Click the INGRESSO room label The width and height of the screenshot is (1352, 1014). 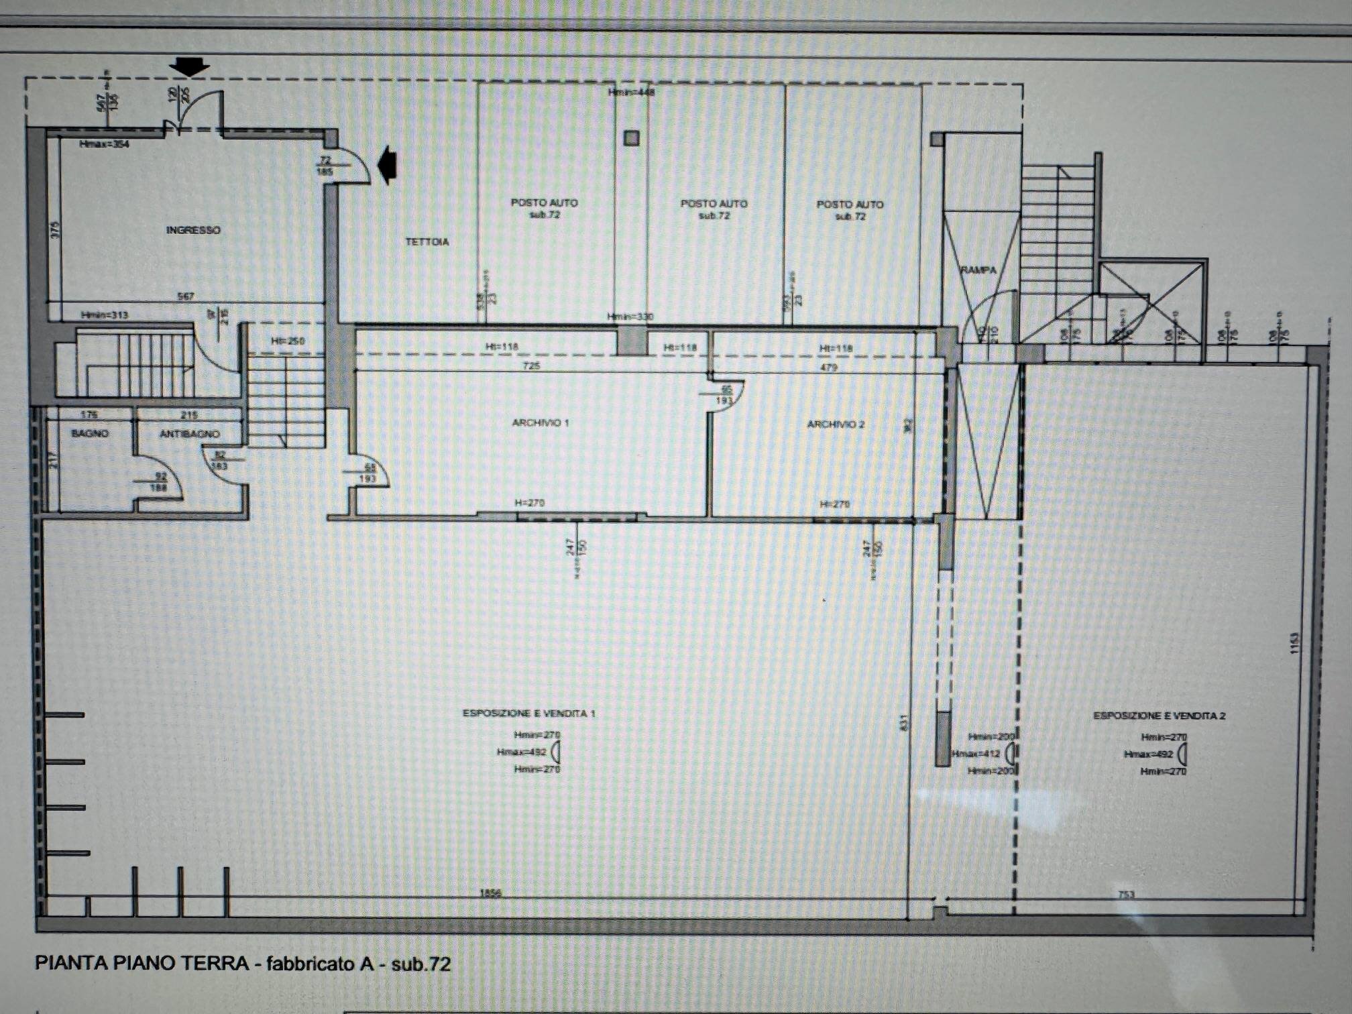(193, 230)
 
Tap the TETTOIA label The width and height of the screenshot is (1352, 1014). (427, 241)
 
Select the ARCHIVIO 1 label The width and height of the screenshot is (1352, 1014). (540, 422)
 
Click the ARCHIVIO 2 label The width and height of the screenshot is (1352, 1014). (835, 424)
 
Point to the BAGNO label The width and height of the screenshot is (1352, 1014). (90, 433)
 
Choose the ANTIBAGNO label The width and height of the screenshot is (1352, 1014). (189, 434)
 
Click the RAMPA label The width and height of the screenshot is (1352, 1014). (978, 270)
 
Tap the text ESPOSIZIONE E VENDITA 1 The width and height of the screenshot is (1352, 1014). (528, 713)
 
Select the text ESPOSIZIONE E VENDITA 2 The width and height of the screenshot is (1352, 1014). (1159, 716)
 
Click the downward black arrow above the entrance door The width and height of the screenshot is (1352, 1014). (189, 66)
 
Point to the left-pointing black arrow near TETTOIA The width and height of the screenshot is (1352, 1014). (388, 165)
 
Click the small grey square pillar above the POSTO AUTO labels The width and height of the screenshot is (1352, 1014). (631, 138)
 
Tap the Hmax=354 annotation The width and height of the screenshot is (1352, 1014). (104, 144)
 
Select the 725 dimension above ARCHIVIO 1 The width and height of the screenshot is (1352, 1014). (531, 365)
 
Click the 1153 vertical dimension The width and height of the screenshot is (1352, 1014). (1294, 642)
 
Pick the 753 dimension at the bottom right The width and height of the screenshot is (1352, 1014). (1126, 894)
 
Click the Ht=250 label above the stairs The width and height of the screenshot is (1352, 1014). (287, 341)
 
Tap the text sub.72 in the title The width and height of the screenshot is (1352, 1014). (420, 964)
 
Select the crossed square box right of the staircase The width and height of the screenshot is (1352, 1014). (1152, 302)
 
